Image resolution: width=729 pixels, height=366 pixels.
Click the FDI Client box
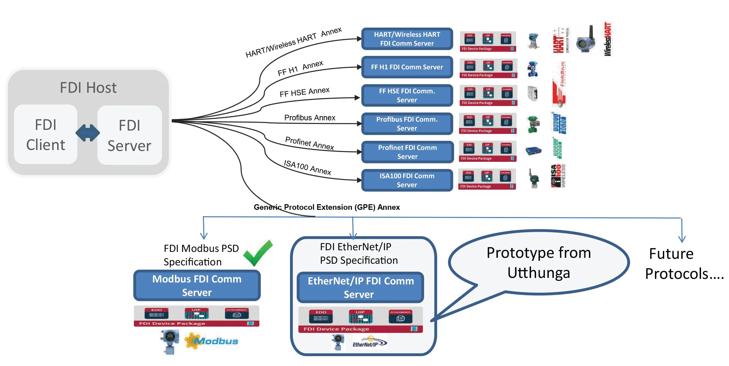coord(46,134)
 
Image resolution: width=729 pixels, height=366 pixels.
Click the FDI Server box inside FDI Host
coord(130,135)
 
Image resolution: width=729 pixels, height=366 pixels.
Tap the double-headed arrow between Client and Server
coord(87,133)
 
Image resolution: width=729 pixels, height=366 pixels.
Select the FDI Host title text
coord(88,88)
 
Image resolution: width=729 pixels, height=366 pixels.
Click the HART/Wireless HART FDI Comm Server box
coord(407,39)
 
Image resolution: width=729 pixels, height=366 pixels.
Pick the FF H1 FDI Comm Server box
coord(407,67)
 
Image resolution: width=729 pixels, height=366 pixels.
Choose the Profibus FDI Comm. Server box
coord(407,124)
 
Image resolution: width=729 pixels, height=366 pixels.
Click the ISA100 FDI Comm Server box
coord(407,180)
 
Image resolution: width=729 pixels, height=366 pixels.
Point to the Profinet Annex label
coord(309,143)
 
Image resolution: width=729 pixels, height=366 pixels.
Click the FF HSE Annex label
coord(304,92)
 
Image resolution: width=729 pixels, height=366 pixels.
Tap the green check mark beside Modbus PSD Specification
coord(258,253)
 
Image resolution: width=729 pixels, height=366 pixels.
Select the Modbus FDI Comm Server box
coord(197,285)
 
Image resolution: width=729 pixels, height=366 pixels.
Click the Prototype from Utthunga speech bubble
coord(539,262)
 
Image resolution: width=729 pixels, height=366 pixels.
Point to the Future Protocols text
coord(684,264)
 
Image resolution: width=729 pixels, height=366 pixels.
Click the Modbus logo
coord(212,341)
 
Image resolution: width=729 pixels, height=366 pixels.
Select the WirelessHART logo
coord(607,39)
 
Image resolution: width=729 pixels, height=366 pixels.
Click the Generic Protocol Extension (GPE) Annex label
coord(327,207)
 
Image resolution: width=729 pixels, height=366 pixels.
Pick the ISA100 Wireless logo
coord(558,176)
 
